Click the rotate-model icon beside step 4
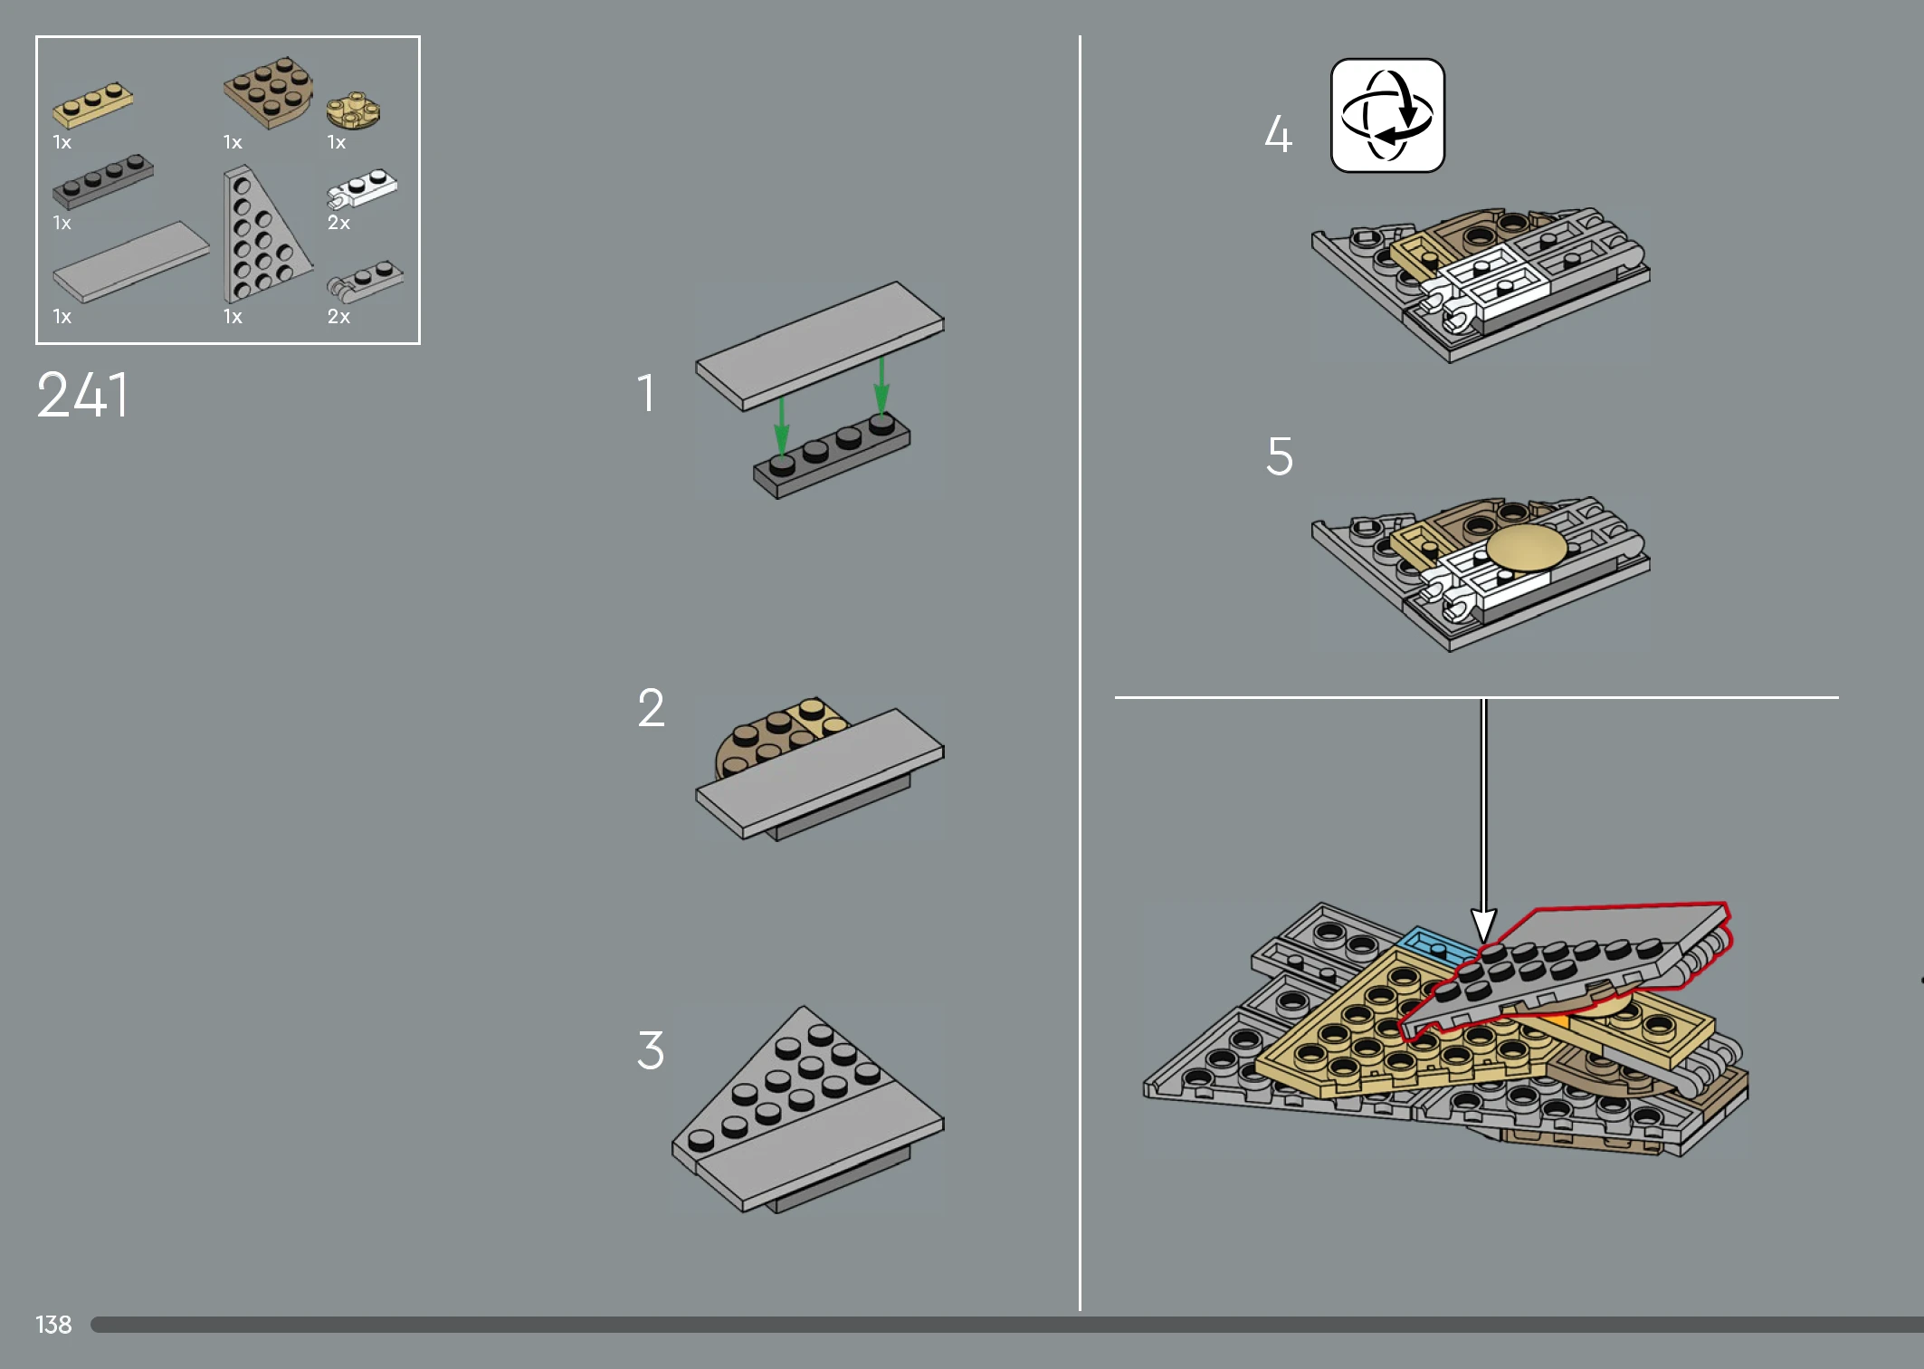click(1387, 115)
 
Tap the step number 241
click(83, 396)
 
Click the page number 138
click(53, 1325)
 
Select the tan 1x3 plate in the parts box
click(92, 105)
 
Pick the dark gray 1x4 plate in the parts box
click(103, 181)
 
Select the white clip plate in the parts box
click(362, 188)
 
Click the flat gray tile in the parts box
click(131, 262)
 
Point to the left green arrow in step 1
click(782, 426)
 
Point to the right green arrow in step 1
click(881, 386)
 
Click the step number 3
click(651, 1050)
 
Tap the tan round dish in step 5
click(1527, 548)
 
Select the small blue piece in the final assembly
click(1437, 947)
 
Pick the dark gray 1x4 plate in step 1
click(832, 456)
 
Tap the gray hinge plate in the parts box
click(365, 282)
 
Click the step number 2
click(651, 707)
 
